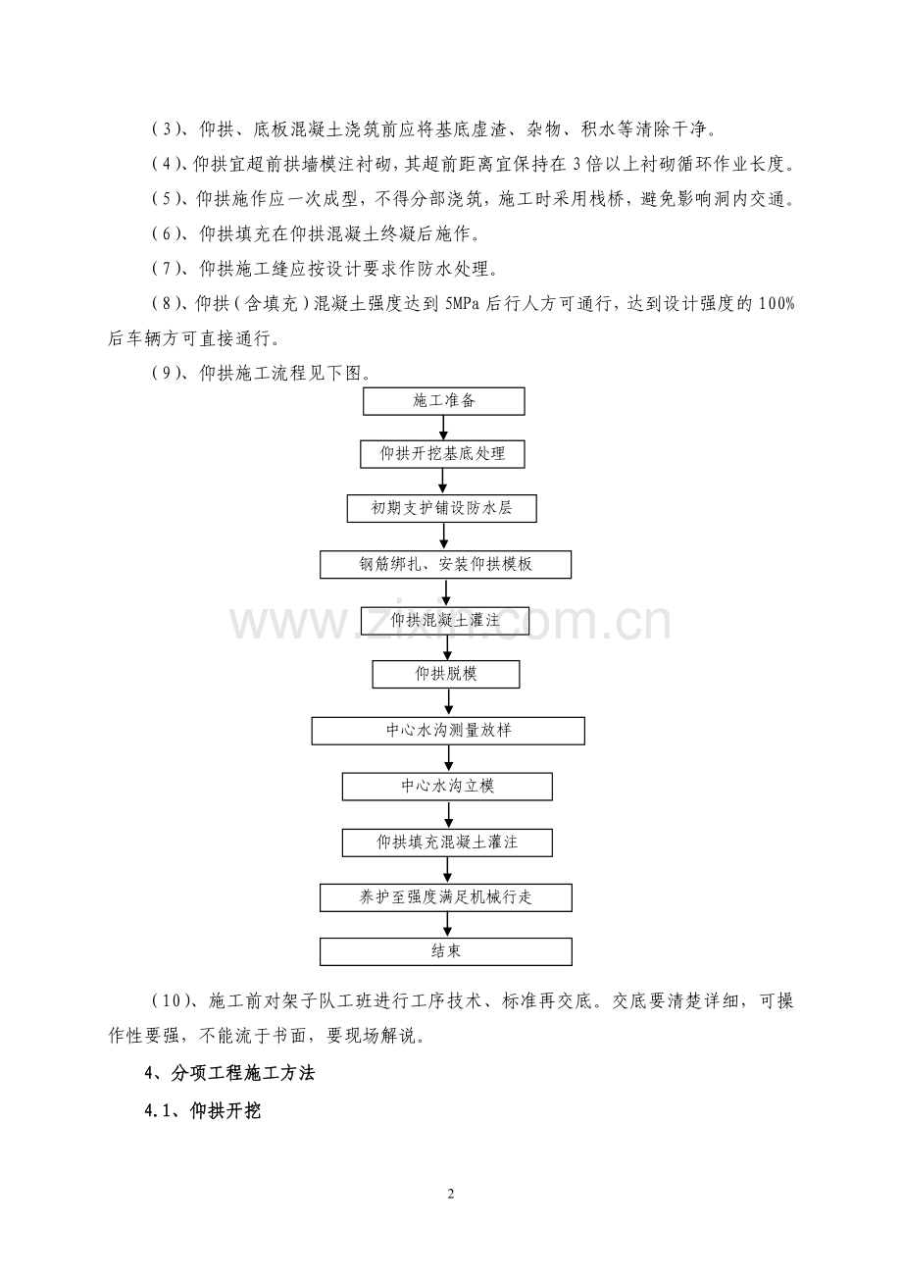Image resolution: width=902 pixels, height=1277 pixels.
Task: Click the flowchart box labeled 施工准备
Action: point(444,401)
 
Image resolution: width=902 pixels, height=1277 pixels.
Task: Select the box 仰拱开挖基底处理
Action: point(442,454)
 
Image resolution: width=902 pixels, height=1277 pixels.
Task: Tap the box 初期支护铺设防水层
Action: point(441,508)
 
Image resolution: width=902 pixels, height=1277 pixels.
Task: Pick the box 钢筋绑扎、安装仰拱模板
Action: point(445,564)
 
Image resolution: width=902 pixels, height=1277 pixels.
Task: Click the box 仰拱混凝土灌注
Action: point(445,620)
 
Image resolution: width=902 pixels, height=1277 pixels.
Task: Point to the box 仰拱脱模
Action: point(446,675)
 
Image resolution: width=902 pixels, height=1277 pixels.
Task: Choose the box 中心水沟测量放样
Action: point(448,731)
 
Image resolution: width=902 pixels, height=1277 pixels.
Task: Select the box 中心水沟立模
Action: point(447,787)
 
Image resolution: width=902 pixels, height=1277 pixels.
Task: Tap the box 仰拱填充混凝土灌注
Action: point(447,843)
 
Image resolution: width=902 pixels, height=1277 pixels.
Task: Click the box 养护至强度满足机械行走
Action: point(445,897)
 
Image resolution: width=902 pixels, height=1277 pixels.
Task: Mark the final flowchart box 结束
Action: point(445,951)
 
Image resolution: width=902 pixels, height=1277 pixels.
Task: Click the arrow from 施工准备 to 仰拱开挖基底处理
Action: point(443,428)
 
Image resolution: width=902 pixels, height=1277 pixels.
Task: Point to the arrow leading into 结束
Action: point(447,925)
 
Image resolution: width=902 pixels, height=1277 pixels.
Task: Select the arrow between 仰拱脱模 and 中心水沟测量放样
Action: point(448,702)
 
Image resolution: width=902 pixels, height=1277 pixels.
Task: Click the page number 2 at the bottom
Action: point(451,1194)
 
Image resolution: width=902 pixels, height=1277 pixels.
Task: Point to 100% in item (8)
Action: point(777,304)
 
